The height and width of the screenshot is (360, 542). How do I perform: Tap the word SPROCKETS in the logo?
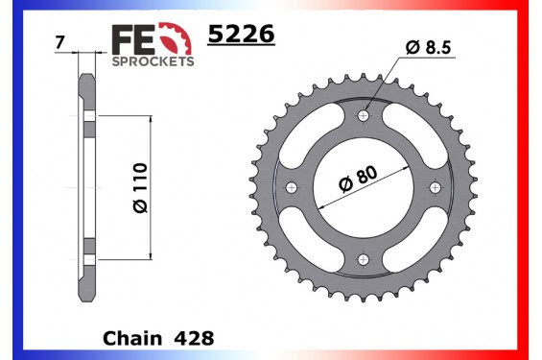tap(153, 60)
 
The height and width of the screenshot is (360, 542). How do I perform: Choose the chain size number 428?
tap(195, 339)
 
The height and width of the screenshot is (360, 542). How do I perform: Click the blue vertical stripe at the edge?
tap(5, 180)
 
